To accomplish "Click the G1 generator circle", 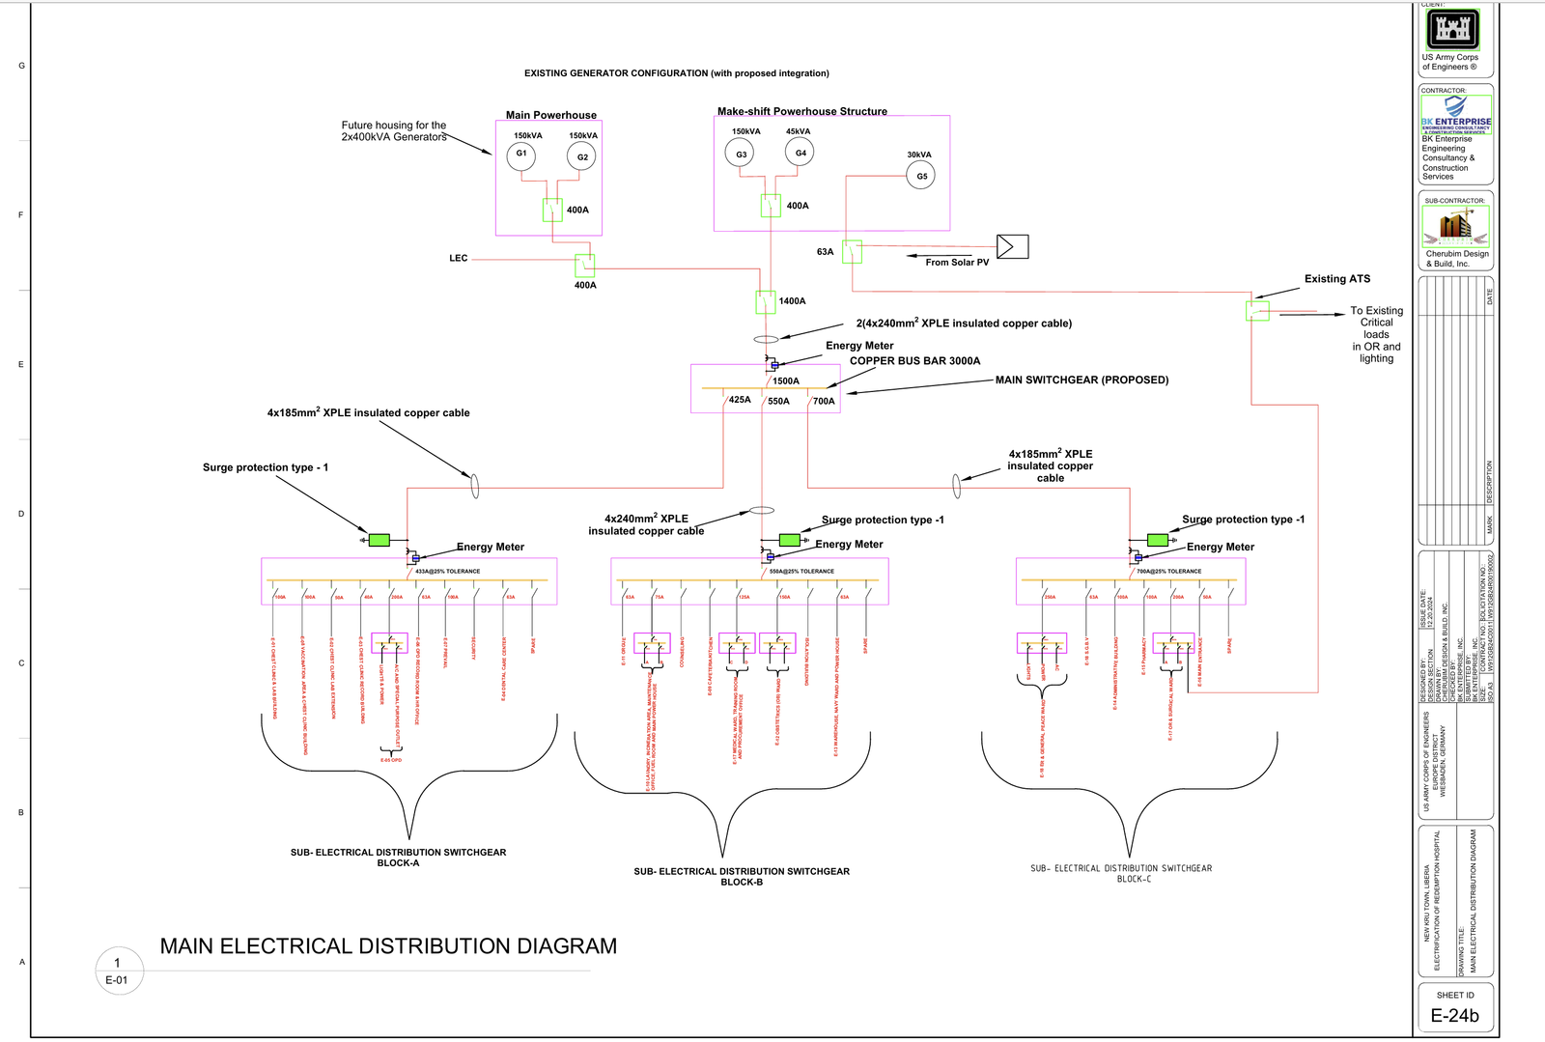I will click(x=521, y=155).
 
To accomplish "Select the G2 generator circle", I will click(x=581, y=156).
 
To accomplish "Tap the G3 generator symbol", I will click(x=740, y=154).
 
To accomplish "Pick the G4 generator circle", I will click(x=800, y=153).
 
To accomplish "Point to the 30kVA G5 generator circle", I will click(x=921, y=176).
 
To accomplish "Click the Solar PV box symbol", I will click(x=1012, y=246).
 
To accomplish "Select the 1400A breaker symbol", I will click(x=766, y=302).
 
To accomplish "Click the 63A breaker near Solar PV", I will click(x=852, y=252).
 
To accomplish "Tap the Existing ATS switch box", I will click(x=1257, y=311).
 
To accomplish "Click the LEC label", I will click(x=459, y=259).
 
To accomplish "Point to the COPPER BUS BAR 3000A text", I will click(x=914, y=361).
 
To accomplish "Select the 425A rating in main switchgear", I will click(x=740, y=400).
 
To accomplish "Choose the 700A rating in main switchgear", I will click(x=824, y=402).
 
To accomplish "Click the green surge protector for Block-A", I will click(x=379, y=540).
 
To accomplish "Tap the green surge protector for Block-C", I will click(x=1157, y=540).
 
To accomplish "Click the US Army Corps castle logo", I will click(x=1453, y=30).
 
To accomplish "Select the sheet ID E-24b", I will click(x=1454, y=1016).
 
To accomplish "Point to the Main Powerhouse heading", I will click(x=551, y=115).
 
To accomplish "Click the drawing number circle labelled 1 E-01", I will click(x=119, y=971).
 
